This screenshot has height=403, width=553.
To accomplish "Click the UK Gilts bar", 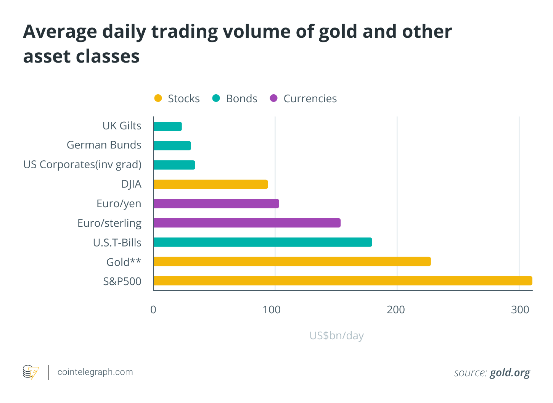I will (167, 126).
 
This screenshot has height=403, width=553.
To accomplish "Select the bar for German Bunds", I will (172, 145).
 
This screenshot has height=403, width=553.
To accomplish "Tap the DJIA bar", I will (211, 184).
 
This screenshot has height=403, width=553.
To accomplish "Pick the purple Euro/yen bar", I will (216, 203).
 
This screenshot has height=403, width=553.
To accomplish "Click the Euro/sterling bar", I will (247, 223).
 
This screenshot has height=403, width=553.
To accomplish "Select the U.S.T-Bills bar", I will (262, 242).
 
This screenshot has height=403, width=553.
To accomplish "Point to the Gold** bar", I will (292, 261).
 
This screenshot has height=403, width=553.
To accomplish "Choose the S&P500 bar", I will (342, 281).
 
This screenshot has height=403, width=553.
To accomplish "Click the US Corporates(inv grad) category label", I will (82, 164).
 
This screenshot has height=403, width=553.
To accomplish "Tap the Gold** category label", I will (124, 262).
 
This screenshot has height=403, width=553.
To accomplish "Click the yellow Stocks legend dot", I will (158, 98).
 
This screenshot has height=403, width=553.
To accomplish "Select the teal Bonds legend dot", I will (216, 98).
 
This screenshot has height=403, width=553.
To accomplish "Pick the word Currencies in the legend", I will (310, 98).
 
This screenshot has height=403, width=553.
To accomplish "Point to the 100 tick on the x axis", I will (272, 310).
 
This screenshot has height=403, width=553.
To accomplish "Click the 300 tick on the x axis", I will (520, 310).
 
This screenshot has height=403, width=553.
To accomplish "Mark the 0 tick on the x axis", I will (153, 310).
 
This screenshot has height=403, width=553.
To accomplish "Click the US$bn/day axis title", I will (336, 335).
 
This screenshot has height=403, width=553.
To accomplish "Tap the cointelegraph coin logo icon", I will (31, 372).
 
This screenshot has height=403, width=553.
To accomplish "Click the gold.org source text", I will (510, 372).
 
